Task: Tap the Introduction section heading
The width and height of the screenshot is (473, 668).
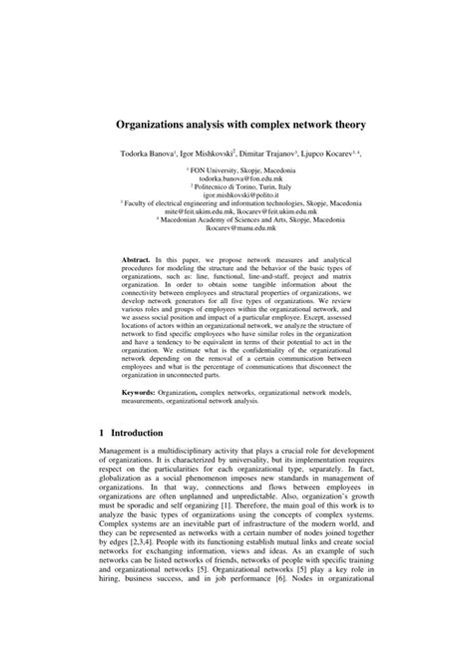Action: [x=142, y=434]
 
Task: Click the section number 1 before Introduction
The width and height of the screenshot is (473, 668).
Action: [x=103, y=434]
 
